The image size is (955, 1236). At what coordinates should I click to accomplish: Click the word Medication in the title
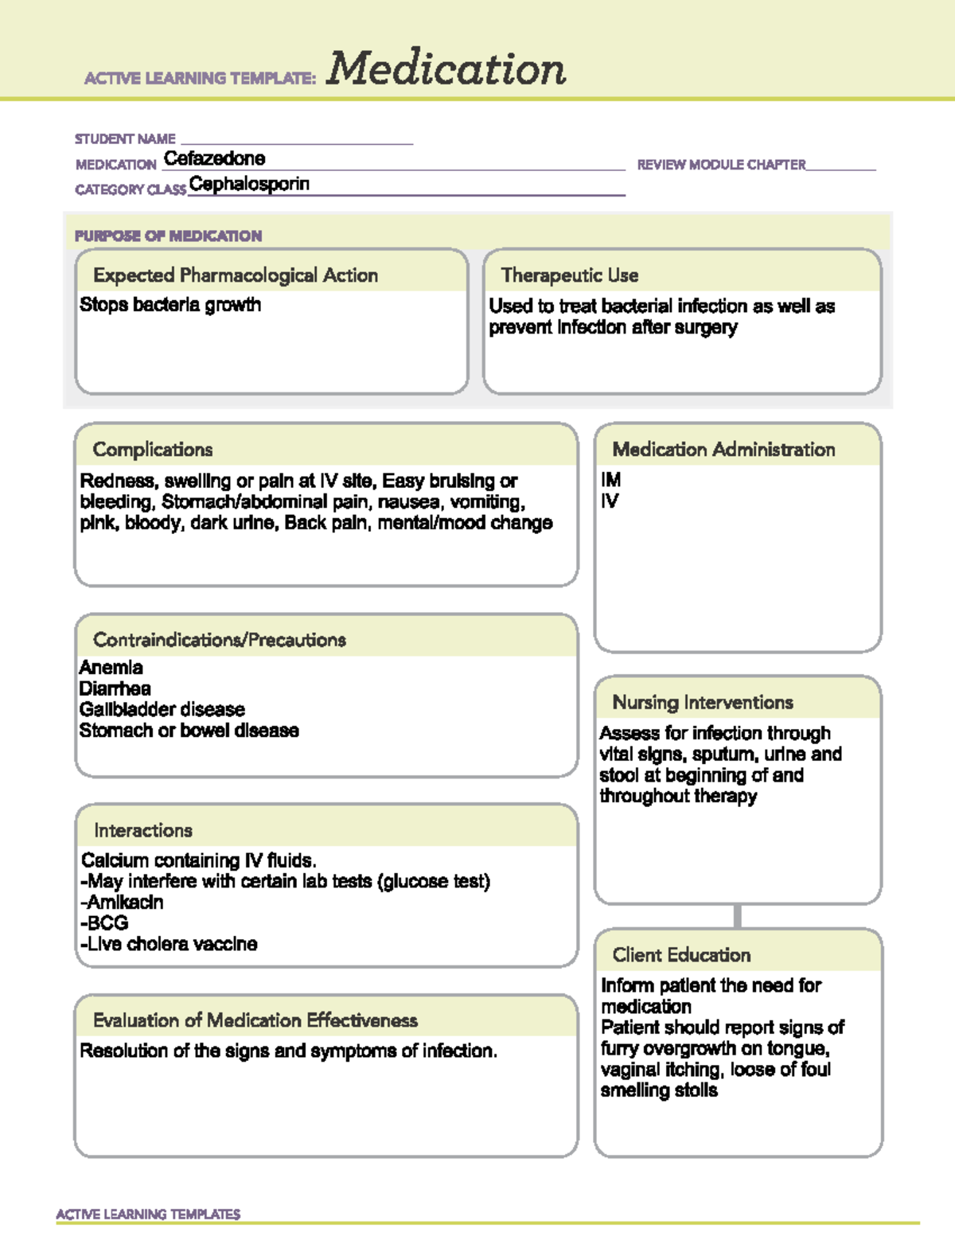click(446, 69)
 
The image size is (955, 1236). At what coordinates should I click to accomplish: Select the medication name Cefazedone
click(214, 158)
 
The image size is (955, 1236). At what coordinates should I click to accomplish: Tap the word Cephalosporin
click(249, 184)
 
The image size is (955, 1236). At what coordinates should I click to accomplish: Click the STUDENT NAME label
click(125, 139)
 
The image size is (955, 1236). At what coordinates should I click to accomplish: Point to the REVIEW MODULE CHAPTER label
click(721, 165)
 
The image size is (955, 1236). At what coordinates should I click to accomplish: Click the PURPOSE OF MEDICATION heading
click(168, 236)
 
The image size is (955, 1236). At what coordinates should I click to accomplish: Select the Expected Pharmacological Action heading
click(236, 275)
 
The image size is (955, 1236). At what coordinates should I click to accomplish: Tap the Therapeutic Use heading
click(570, 275)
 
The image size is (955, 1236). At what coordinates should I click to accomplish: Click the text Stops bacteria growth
click(170, 305)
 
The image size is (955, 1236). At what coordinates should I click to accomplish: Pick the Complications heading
click(153, 450)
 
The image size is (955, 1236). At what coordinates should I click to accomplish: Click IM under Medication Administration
click(610, 480)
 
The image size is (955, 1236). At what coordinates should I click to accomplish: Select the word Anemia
click(111, 668)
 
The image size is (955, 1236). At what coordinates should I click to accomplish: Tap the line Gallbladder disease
click(162, 709)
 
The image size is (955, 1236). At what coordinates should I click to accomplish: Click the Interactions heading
click(143, 830)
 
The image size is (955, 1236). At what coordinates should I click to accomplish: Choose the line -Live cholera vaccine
click(169, 944)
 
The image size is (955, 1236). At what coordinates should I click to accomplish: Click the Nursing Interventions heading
click(703, 703)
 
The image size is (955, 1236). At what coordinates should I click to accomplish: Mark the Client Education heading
click(681, 955)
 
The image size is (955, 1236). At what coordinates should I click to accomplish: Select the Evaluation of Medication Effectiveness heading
click(255, 1020)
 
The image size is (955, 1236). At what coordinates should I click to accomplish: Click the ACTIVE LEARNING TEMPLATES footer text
click(148, 1214)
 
